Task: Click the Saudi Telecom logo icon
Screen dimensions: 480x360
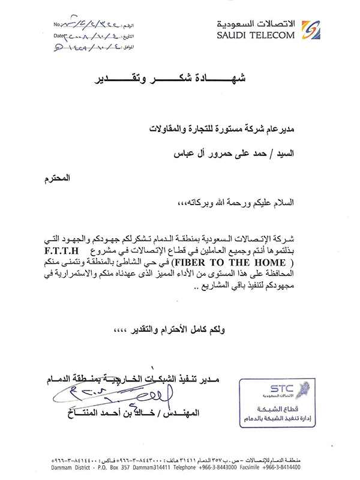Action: pos(308,29)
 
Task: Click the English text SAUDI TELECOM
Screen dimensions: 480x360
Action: pos(256,35)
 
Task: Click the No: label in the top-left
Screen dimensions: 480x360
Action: pos(58,25)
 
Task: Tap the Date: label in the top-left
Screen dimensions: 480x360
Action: pos(59,36)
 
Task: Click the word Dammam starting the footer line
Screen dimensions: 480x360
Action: pos(66,466)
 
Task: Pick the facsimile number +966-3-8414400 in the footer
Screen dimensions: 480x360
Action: pos(279,466)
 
